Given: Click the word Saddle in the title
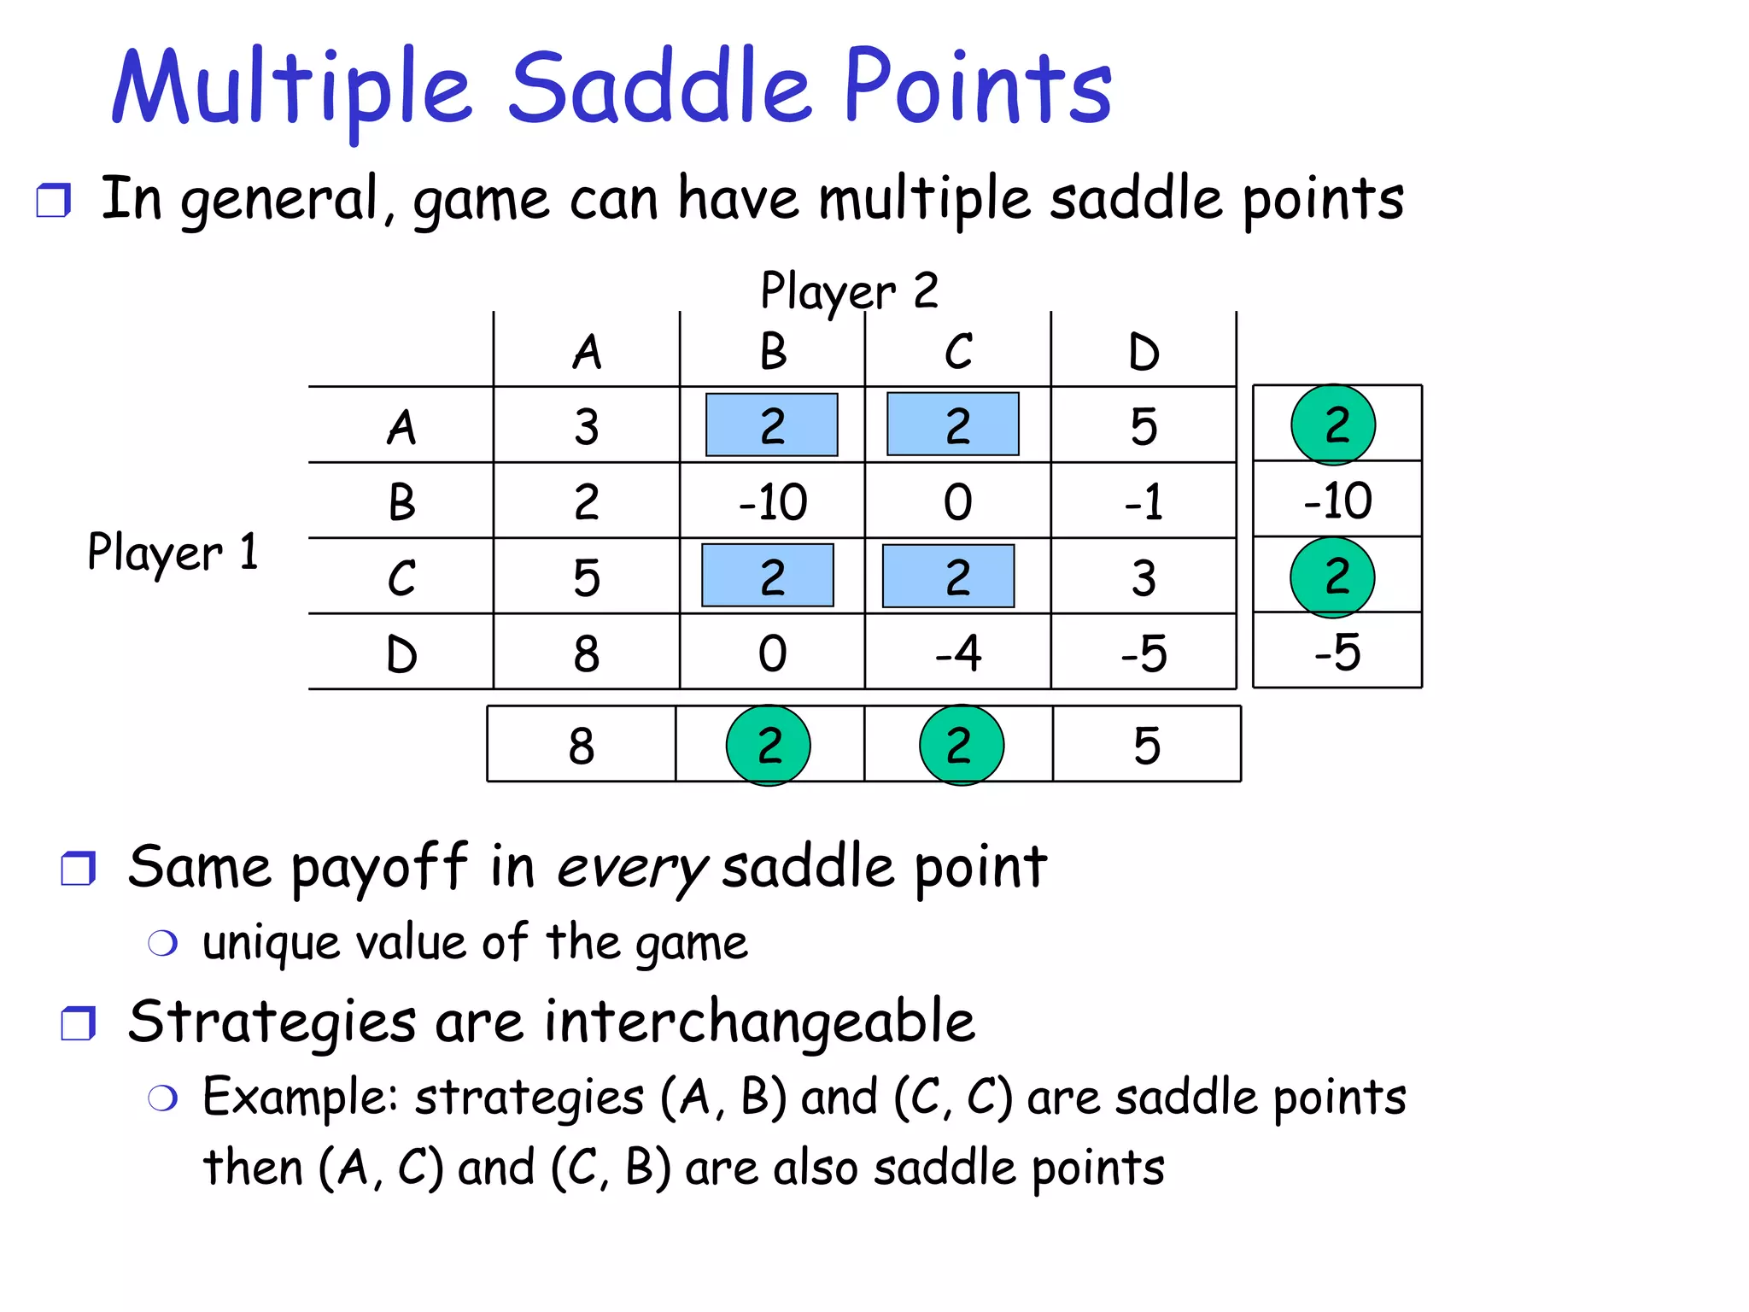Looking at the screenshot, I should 659,85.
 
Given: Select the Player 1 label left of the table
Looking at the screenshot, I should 173,552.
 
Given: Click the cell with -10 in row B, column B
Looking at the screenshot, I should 772,501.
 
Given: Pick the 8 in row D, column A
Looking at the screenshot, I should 587,653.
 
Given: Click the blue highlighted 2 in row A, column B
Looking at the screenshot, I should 772,425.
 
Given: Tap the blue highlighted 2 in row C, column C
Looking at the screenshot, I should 949,577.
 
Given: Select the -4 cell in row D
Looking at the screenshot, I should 957,653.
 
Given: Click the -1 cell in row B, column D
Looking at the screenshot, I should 1144,501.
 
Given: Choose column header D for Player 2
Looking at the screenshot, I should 1144,351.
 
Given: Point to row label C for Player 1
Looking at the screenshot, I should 401,577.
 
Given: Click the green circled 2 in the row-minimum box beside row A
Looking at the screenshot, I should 1333,425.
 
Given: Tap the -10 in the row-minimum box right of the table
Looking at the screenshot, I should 1337,500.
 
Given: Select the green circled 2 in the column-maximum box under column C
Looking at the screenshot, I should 961,745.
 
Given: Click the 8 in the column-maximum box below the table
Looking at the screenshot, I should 582,745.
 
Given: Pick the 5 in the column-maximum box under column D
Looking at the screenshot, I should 1147,745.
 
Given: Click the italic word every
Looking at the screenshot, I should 632,868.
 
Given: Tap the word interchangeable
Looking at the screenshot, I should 760,1022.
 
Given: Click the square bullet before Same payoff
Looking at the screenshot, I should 79,869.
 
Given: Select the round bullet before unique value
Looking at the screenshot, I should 162,944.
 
